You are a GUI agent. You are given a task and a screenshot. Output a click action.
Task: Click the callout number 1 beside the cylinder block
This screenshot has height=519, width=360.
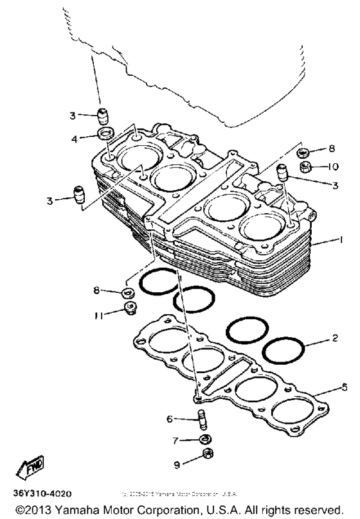click(339, 241)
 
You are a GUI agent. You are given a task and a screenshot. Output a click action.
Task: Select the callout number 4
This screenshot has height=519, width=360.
click(75, 138)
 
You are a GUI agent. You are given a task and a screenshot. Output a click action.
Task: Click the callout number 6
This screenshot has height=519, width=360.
click(170, 419)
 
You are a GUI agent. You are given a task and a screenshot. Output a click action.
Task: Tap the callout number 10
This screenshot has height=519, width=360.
click(332, 166)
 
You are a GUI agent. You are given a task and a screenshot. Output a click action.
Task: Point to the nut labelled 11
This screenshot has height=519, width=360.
click(129, 310)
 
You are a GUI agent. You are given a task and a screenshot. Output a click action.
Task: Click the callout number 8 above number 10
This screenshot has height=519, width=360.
click(332, 148)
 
